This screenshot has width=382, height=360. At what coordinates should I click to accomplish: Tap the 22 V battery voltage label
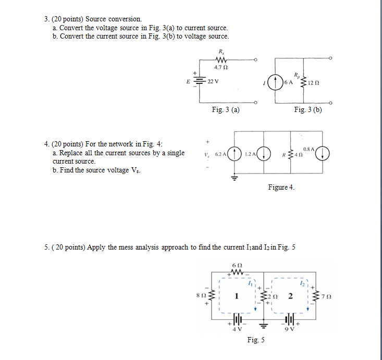[x=213, y=82]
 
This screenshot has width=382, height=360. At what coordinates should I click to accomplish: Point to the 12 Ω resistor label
[x=313, y=83]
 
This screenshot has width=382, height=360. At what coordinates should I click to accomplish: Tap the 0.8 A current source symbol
[x=324, y=154]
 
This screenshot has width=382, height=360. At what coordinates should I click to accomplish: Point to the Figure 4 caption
[x=281, y=187]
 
